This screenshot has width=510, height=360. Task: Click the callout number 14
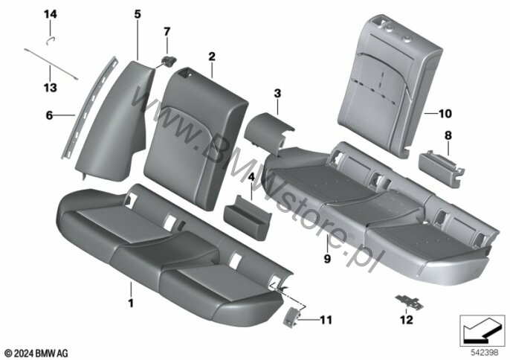pyautogui.click(x=51, y=14)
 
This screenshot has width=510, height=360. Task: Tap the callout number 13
pyautogui.click(x=51, y=88)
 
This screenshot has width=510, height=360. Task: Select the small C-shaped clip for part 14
pyautogui.click(x=50, y=41)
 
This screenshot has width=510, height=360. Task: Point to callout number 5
pyautogui.click(x=138, y=14)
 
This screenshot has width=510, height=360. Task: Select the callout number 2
pyautogui.click(x=212, y=57)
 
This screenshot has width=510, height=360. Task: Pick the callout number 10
pyautogui.click(x=445, y=114)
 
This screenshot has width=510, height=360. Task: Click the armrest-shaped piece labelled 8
pyautogui.click(x=441, y=169)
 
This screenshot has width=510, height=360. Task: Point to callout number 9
pyautogui.click(x=327, y=259)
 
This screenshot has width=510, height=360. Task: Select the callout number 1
pyautogui.click(x=131, y=303)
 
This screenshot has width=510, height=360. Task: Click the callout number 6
pyautogui.click(x=49, y=115)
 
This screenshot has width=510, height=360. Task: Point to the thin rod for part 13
pyautogui.click(x=51, y=64)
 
